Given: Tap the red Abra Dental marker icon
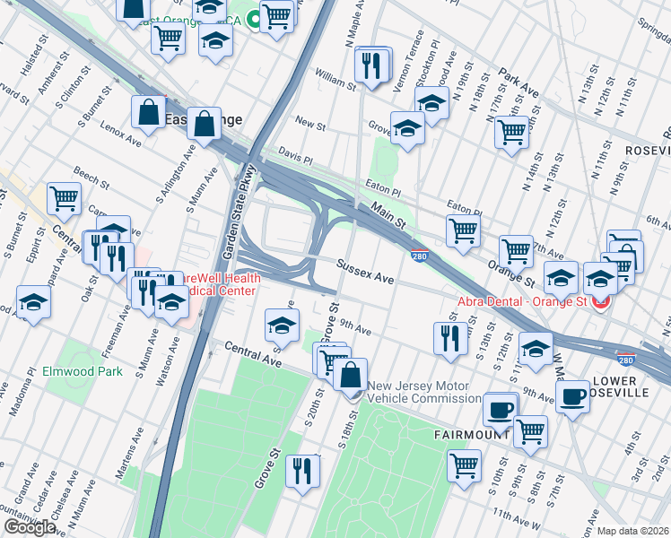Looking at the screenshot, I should click(x=600, y=302).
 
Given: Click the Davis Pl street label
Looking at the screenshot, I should click(x=294, y=155).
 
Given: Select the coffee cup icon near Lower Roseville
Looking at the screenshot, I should click(x=572, y=395).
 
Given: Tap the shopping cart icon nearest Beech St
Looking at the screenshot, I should click(x=64, y=198).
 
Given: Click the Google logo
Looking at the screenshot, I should click(x=30, y=527).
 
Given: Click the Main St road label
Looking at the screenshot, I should click(x=388, y=215).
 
